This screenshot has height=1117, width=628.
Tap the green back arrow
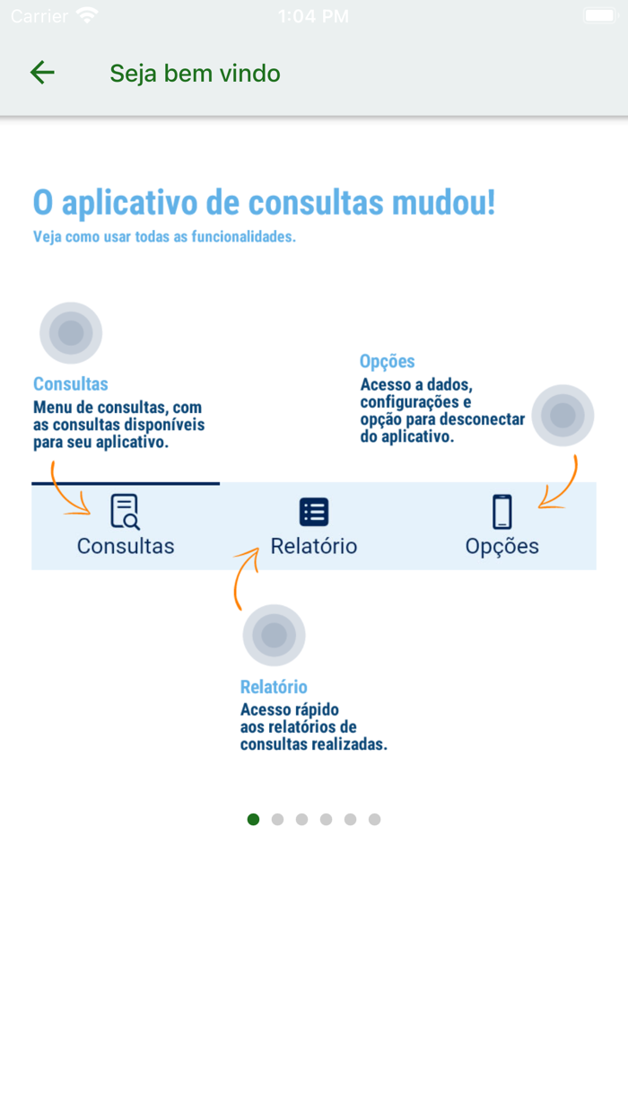click(x=42, y=73)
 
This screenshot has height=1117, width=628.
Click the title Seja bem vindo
click(x=195, y=74)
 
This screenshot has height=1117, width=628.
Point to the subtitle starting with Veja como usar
click(x=164, y=237)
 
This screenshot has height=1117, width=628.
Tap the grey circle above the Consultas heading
click(x=71, y=333)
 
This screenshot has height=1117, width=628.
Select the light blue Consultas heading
click(x=71, y=384)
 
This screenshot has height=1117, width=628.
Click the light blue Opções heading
click(x=387, y=362)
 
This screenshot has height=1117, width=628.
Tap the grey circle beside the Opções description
click(x=563, y=416)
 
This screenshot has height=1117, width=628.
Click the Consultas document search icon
click(x=125, y=511)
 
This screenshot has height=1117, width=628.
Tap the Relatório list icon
click(x=314, y=512)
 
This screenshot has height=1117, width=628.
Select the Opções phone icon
click(x=502, y=512)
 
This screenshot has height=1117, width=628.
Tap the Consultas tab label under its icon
click(x=126, y=546)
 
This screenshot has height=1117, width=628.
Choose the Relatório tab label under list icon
click(x=314, y=546)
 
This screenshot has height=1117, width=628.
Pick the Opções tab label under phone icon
click(x=502, y=546)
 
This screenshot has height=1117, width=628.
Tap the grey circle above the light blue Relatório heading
click(x=274, y=636)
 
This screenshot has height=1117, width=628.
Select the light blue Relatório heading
click(x=274, y=687)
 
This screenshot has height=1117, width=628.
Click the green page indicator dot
click(x=253, y=819)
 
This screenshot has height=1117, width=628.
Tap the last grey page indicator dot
click(x=374, y=819)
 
